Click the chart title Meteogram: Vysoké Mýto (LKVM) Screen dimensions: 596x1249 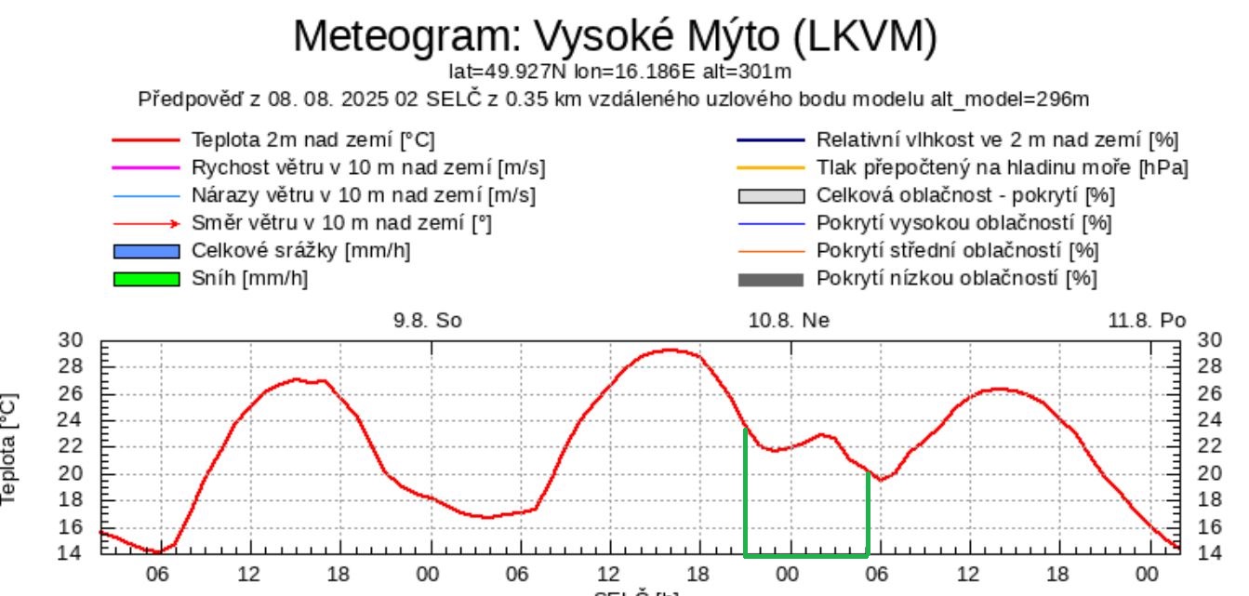pyautogui.click(x=615, y=36)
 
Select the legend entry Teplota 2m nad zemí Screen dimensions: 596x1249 pyautogui.click(x=312, y=141)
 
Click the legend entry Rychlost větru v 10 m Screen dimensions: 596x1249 pyautogui.click(x=368, y=168)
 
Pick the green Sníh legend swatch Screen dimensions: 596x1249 pyautogui.click(x=146, y=279)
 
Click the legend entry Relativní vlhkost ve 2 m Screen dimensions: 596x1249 pyautogui.click(x=997, y=141)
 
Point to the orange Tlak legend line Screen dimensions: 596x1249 pyautogui.click(x=770, y=168)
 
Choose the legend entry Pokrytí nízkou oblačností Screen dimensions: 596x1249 pyautogui.click(x=956, y=279)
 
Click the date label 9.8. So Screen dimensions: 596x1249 pyautogui.click(x=428, y=321)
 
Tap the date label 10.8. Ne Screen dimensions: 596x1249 pyautogui.click(x=789, y=321)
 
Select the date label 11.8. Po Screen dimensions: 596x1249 pyautogui.click(x=1147, y=321)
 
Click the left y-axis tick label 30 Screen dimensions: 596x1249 pyautogui.click(x=71, y=340)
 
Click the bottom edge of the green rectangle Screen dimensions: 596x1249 pyautogui.click(x=806, y=556)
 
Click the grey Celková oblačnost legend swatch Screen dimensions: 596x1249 pyautogui.click(x=770, y=196)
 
